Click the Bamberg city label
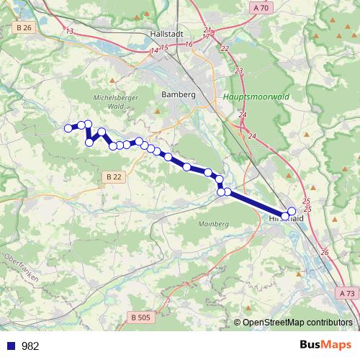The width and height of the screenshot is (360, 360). [179, 94]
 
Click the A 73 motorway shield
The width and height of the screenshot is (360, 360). [346, 294]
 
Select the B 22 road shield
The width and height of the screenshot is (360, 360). [112, 176]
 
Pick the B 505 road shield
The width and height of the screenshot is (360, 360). [143, 317]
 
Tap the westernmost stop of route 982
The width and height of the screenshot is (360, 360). [69, 128]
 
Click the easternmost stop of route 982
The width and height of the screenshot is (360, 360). [292, 211]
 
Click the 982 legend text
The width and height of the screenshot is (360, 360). [30, 346]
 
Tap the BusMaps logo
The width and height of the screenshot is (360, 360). [326, 346]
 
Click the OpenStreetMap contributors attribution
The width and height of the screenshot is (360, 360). [295, 323]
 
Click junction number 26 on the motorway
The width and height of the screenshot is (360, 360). [324, 253]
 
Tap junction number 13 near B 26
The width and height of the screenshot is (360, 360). [69, 31]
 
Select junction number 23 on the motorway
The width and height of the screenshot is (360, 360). [239, 71]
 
